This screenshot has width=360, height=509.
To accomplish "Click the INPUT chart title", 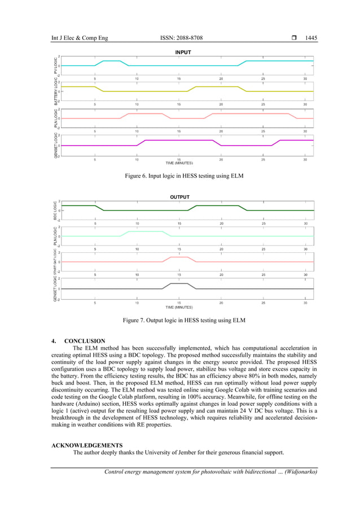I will pyautogui.click(x=183, y=52).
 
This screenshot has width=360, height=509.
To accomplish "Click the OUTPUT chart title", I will pyautogui.click(x=180, y=197).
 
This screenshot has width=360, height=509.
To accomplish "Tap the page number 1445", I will pyautogui.click(x=311, y=38).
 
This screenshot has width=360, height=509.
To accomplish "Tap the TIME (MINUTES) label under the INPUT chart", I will pyautogui.click(x=179, y=163).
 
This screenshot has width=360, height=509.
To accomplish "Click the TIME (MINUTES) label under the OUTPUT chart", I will pyautogui.click(x=179, y=308).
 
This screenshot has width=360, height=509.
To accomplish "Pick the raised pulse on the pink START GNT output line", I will pyautogui.click(x=179, y=258).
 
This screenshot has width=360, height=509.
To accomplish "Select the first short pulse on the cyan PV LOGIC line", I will pyautogui.click(x=112, y=61).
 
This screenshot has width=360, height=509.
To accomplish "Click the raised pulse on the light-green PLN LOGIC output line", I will pyautogui.click(x=146, y=231).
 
